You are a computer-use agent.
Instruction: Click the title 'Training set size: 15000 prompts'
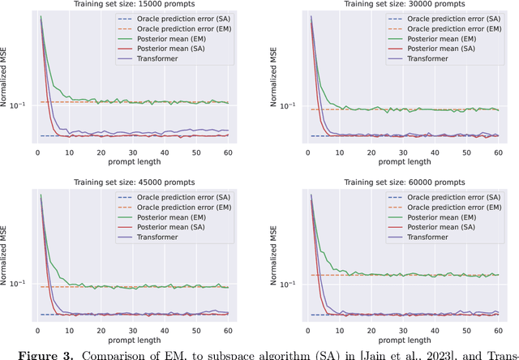pos(131,5)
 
